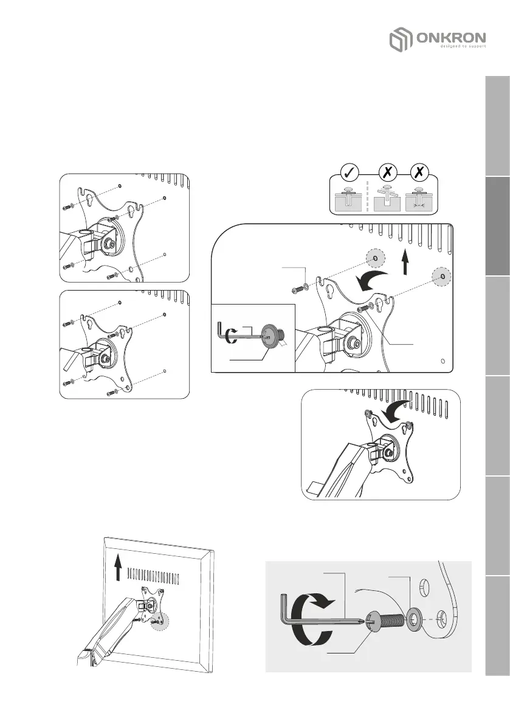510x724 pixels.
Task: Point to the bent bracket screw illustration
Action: click(x=385, y=198)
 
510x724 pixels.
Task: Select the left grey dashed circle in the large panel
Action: click(x=374, y=258)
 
